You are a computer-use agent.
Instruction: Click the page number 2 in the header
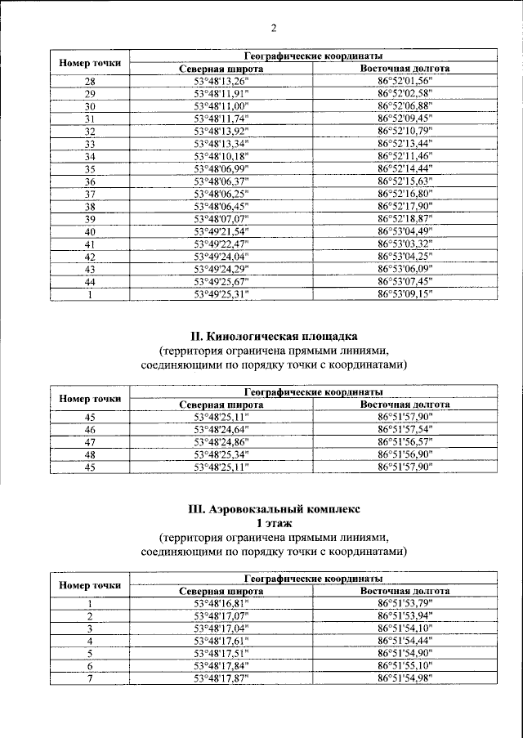274,28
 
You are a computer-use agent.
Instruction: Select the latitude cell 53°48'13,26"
221,80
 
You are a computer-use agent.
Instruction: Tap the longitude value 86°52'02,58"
405,93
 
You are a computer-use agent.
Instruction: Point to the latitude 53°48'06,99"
221,168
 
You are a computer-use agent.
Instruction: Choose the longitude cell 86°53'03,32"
405,244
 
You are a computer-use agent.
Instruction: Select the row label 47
91,441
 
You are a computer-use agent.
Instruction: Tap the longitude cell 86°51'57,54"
405,429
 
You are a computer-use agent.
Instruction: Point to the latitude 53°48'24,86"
221,441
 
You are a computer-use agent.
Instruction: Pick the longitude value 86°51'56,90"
405,454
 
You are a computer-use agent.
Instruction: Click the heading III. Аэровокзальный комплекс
273,508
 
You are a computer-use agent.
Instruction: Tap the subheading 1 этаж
273,522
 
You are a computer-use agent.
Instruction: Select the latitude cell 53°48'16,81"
221,603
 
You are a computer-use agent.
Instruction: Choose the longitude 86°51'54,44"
405,641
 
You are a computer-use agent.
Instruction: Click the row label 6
91,666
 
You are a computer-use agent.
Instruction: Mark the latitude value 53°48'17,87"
221,678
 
